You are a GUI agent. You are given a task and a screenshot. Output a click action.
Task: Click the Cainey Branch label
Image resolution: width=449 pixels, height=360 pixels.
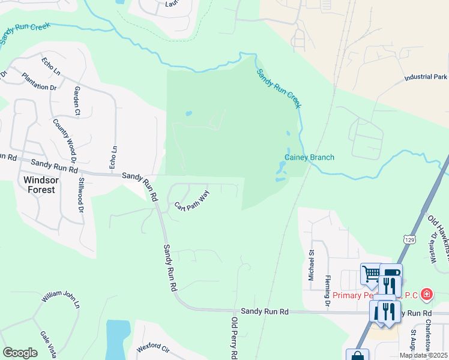click(309, 158)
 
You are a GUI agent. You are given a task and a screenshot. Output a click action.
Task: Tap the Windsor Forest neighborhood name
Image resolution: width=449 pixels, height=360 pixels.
click(40, 184)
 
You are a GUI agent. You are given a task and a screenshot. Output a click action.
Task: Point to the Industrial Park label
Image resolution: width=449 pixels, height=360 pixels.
click(426, 77)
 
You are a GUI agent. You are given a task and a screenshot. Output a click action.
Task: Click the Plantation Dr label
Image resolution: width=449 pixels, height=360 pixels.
click(39, 82)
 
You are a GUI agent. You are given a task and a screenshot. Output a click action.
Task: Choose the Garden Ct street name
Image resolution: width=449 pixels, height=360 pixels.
click(77, 100)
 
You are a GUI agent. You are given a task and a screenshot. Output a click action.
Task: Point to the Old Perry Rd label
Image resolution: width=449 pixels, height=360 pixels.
click(234, 339)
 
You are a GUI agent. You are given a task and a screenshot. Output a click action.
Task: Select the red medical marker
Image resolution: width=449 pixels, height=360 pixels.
click(426, 294)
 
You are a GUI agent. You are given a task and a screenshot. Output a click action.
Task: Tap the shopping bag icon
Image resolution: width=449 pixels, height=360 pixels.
click(358, 356)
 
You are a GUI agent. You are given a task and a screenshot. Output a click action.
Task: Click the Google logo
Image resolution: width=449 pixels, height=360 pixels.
click(20, 353)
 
